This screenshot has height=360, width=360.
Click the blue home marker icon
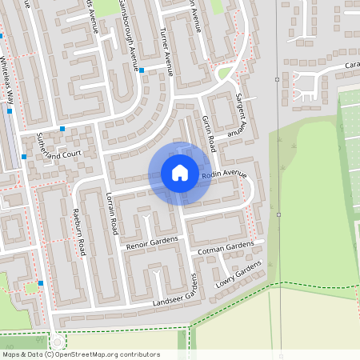click(x=180, y=173)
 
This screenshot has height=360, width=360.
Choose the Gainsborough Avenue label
click(x=128, y=36)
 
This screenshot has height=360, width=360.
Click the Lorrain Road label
click(x=112, y=214)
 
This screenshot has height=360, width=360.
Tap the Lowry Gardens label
click(x=238, y=274)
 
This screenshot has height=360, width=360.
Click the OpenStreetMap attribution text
click(x=81, y=354)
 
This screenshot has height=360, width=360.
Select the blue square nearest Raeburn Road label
click(x=41, y=283)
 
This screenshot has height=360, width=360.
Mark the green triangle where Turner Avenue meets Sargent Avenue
click(x=225, y=74)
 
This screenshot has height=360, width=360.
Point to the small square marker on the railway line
click(x=277, y=79)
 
